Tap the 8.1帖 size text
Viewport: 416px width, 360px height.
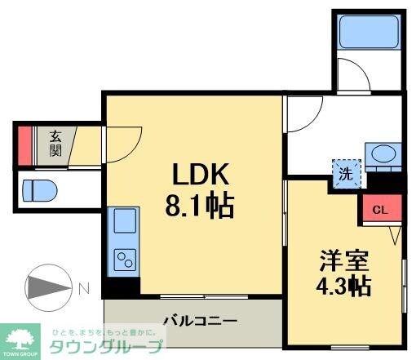point(201,204)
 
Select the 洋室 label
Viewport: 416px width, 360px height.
point(343,262)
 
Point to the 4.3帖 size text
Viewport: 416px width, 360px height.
point(343,287)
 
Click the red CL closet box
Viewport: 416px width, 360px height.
point(380,208)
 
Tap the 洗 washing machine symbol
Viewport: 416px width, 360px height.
point(345,172)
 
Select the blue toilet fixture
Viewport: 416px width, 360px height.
point(38,190)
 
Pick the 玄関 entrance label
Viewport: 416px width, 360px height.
point(55,144)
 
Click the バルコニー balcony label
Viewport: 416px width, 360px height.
point(199,320)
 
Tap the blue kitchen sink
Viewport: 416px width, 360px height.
point(126,220)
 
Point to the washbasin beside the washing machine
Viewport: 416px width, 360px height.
point(380,153)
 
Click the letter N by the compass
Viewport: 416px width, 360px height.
point(84,287)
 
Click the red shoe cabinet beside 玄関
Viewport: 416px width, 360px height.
point(25,144)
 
